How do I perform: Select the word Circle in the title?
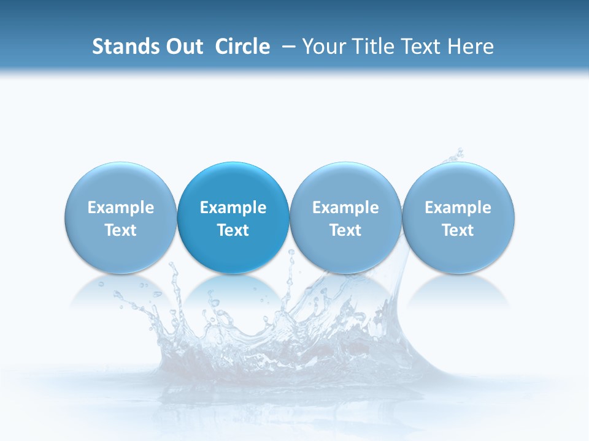coord(242,47)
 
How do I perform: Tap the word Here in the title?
coord(471,47)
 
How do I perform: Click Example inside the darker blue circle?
coord(233,208)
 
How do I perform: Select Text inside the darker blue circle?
coord(233,230)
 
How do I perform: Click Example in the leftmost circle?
coord(121,208)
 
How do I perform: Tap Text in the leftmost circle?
coord(121,230)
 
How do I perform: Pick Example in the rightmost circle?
coord(458,208)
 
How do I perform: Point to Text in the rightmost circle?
coord(458,230)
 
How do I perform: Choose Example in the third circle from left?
coord(345,208)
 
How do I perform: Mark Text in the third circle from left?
coord(345,230)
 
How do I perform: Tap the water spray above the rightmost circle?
coord(455,155)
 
